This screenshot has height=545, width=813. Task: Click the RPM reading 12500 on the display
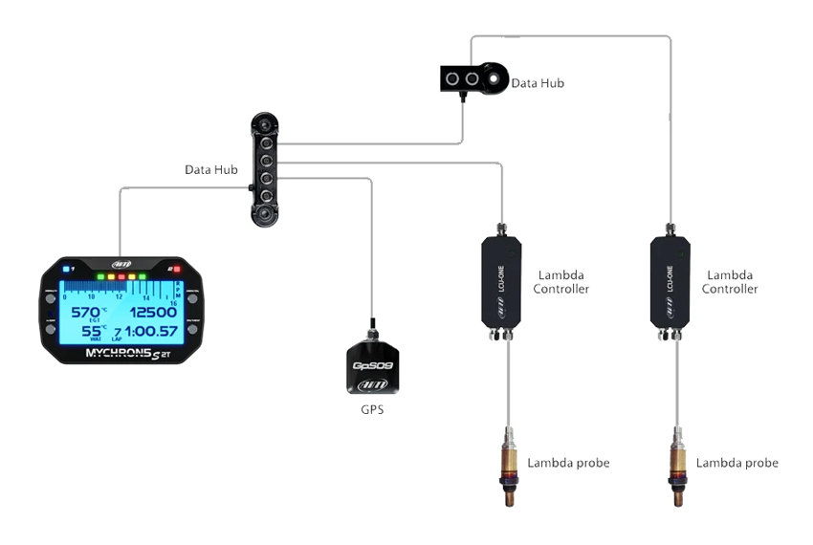152,312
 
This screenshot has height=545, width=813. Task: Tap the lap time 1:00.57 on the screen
151,331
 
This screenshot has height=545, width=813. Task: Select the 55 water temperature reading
93,331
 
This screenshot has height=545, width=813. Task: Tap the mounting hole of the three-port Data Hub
495,76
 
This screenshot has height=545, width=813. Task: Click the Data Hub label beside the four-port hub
210,169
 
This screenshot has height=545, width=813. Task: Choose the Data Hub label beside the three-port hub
538,83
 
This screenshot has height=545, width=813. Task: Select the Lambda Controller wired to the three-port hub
670,282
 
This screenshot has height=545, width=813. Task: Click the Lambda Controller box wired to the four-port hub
500,282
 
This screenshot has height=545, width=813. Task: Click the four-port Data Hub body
264,169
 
